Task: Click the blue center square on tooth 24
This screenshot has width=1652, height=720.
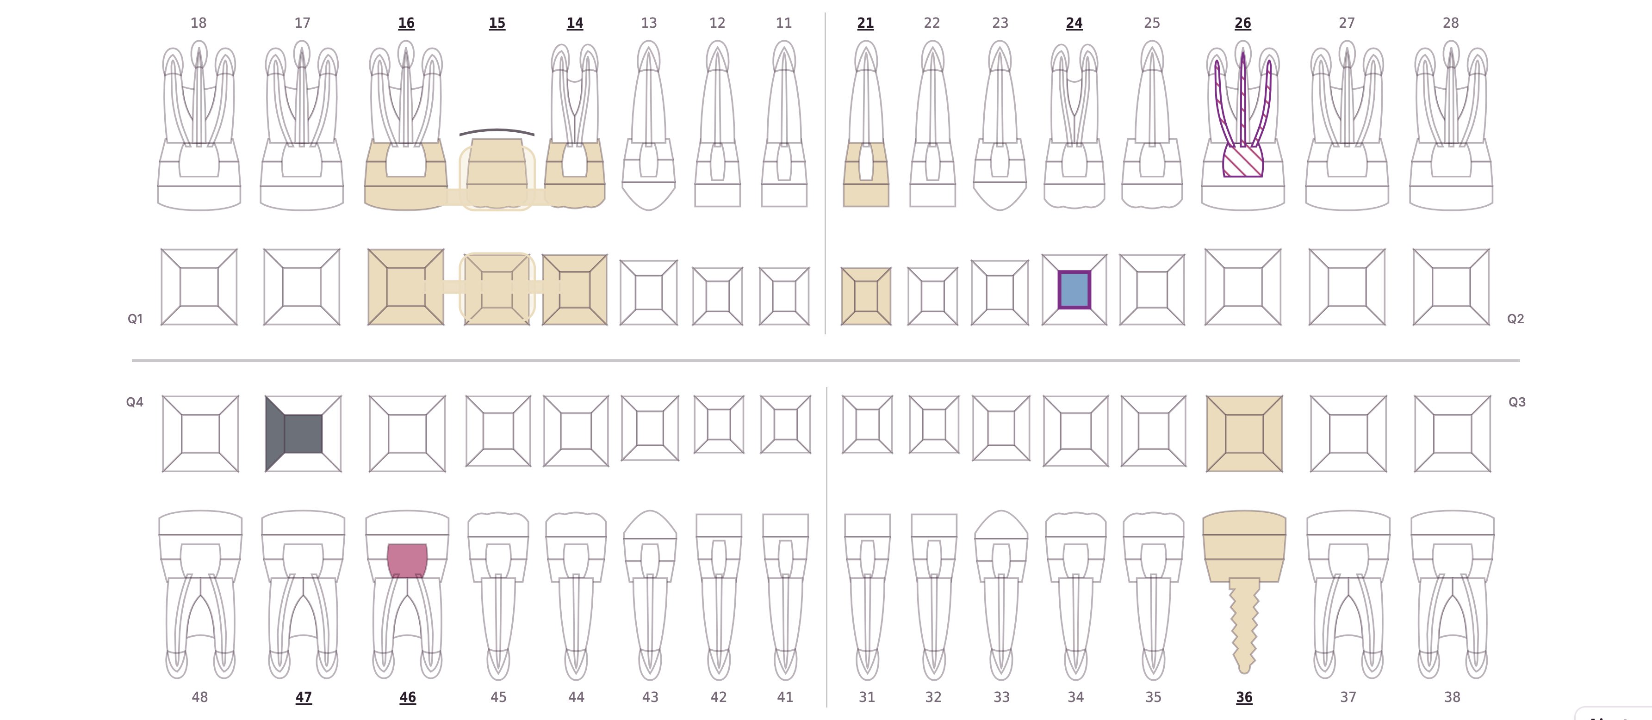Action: pos(1074,290)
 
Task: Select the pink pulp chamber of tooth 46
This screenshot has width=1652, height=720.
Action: pos(407,561)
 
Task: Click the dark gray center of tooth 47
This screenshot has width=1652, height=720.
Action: pos(303,434)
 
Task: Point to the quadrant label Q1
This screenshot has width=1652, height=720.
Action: pos(135,319)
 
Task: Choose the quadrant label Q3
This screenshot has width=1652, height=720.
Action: pos(1517,402)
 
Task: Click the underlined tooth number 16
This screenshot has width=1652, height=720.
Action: pos(406,23)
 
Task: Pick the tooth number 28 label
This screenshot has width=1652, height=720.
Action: pos(1451,23)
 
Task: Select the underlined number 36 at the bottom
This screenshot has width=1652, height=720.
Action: pos(1244,697)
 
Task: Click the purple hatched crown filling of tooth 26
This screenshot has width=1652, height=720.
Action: pos(1243,160)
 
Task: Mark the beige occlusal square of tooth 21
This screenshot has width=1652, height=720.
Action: pos(866,296)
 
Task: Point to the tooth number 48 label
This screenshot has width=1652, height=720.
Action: pos(199,697)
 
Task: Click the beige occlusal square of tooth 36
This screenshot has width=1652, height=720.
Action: pos(1244,434)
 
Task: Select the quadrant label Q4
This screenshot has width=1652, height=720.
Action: pos(135,402)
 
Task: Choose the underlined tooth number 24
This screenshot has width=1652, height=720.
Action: pos(1074,23)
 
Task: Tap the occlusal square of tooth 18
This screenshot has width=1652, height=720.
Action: pos(199,287)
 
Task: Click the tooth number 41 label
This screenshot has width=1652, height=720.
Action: pos(785,697)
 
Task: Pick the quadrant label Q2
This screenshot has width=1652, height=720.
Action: pos(1515,319)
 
